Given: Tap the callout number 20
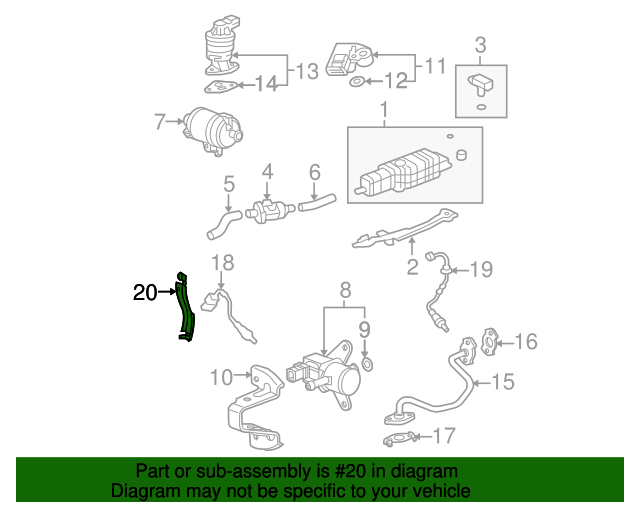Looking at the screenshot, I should [145, 293].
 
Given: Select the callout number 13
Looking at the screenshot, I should [305, 71].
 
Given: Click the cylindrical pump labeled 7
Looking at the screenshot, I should [212, 130].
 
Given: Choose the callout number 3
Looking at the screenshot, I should [480, 45].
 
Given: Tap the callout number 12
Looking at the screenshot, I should [397, 80].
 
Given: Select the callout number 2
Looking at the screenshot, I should [411, 266].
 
